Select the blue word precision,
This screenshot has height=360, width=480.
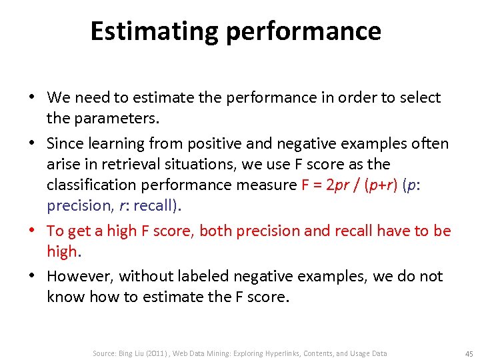click(x=79, y=206)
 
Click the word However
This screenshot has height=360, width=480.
click(x=79, y=276)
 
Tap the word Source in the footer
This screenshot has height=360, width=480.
click(x=104, y=353)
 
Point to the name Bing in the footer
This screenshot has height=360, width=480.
click(x=125, y=353)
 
